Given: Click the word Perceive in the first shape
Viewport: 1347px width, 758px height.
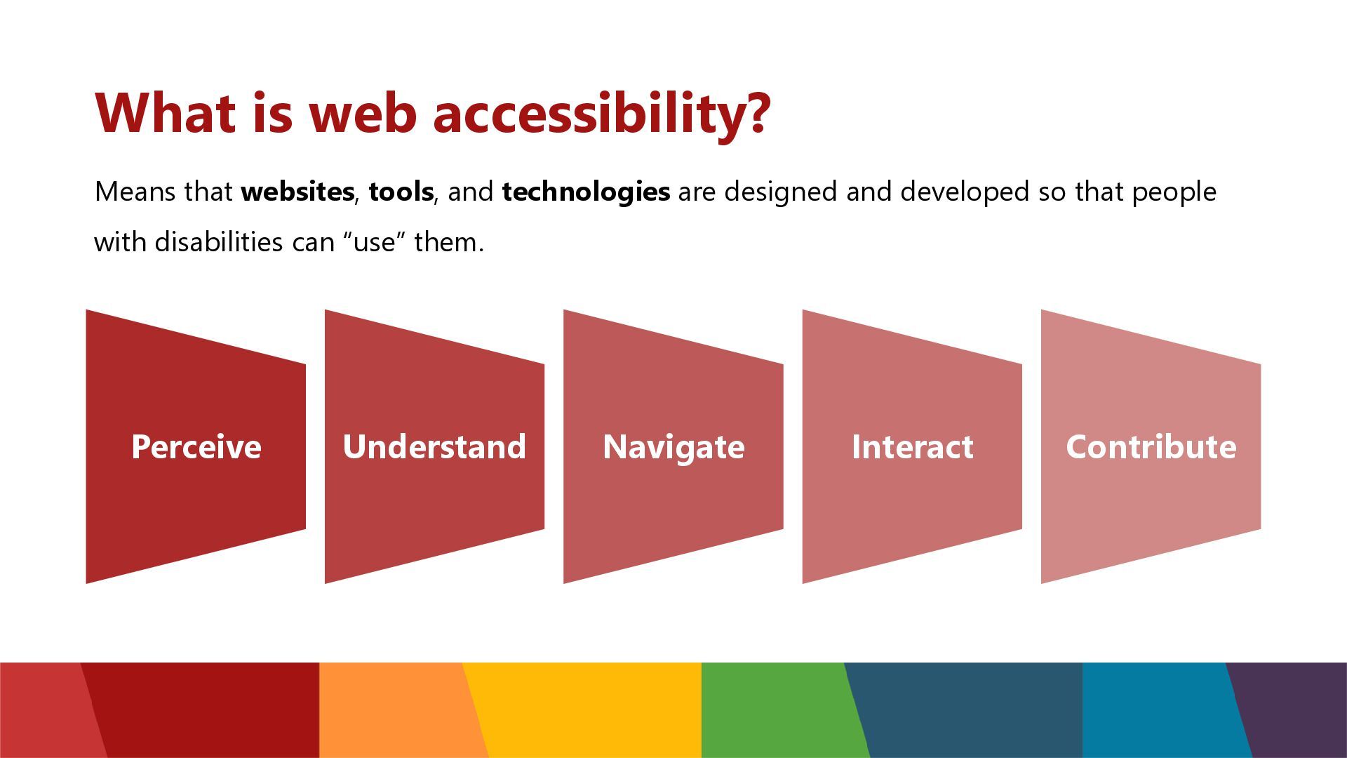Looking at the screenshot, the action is pos(196,446).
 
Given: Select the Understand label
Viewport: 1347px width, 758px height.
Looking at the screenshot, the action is pos(434,446).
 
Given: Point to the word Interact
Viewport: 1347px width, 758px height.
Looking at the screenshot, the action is pos(912,446).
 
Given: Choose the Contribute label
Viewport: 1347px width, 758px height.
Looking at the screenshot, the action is pos(1151,446).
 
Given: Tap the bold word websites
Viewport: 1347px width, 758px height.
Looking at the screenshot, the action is pos(297,192).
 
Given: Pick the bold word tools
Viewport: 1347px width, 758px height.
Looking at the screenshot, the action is pos(401,192).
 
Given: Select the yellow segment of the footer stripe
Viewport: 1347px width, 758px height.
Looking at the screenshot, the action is pos(582,710).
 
